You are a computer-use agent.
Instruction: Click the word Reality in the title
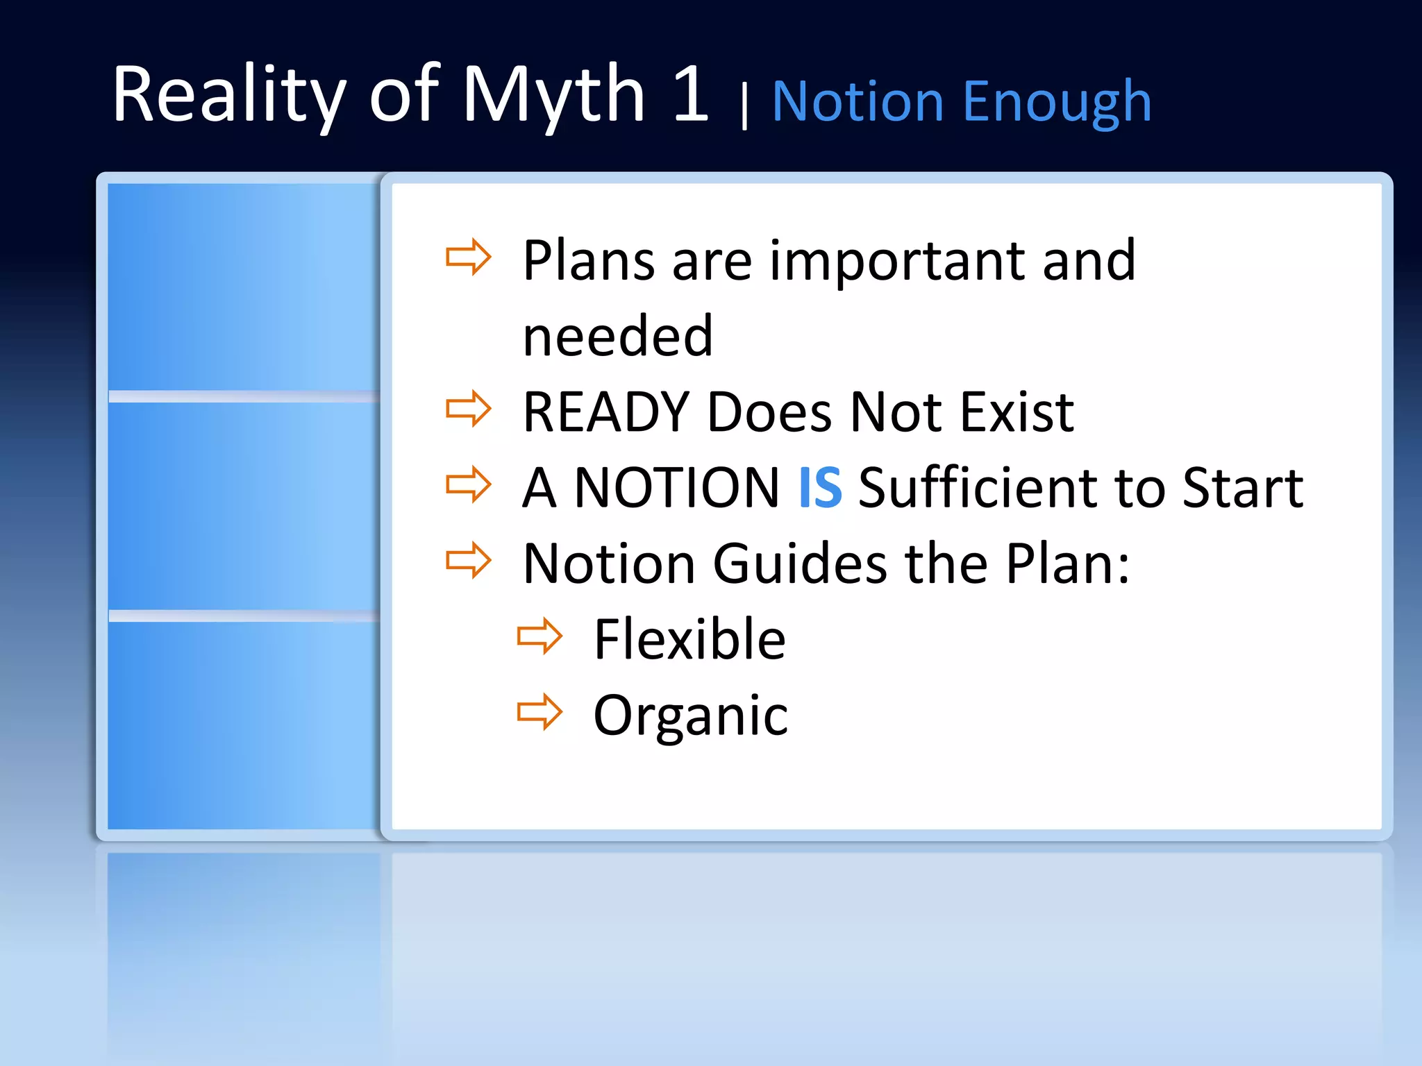(229, 95)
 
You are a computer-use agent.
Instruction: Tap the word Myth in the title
(554, 95)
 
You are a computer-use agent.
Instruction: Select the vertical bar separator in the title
(744, 105)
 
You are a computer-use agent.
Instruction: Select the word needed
(618, 337)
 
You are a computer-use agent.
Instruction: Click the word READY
(606, 412)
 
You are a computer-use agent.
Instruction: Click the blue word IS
(820, 488)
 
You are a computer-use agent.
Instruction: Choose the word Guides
(800, 564)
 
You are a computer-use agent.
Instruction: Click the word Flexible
(689, 639)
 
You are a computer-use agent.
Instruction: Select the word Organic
(691, 716)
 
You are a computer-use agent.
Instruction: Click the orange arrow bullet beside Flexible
(539, 636)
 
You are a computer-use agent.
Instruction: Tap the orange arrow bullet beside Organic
(539, 711)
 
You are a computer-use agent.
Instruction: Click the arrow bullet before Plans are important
(468, 257)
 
